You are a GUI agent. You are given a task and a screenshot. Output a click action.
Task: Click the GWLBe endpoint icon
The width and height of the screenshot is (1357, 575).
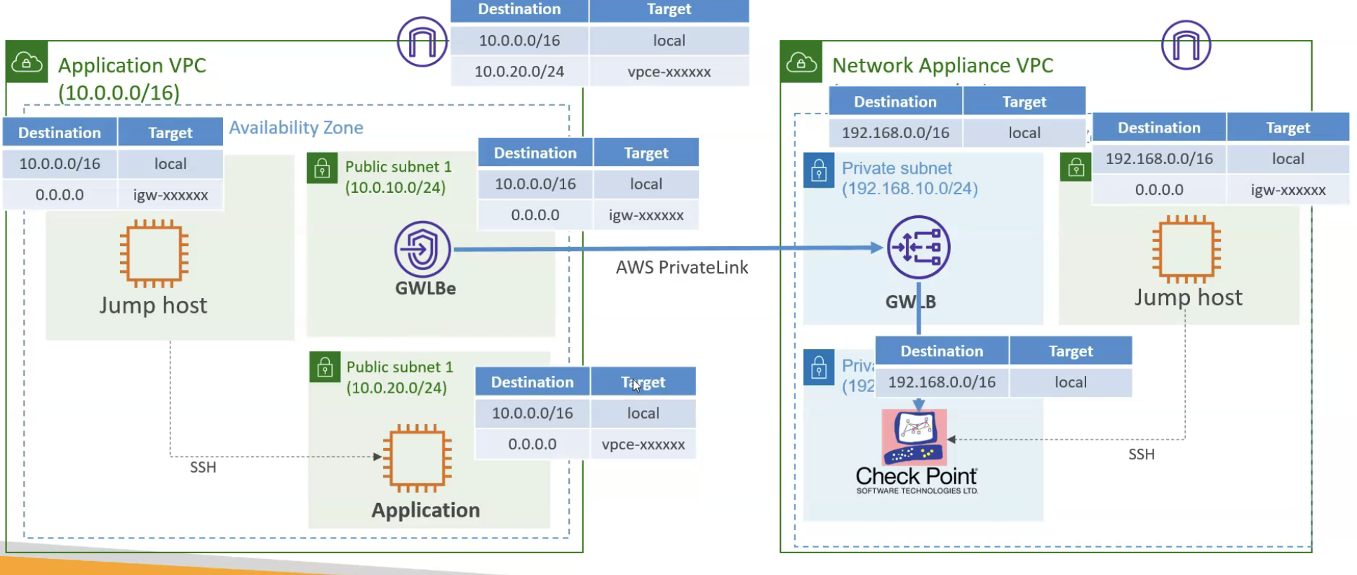pyautogui.click(x=422, y=248)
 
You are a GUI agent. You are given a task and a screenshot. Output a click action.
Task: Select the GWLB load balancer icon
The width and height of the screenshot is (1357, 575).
pyautogui.click(x=918, y=248)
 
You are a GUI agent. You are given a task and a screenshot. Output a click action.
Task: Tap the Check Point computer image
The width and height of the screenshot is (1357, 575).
pyautogui.click(x=914, y=437)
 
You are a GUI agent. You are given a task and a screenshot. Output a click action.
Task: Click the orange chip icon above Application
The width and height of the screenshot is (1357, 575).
pyautogui.click(x=417, y=458)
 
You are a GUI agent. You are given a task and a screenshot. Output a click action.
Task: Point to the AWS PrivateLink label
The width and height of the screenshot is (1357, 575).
pyautogui.click(x=681, y=268)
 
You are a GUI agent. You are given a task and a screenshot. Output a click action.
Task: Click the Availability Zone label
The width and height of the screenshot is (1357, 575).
pyautogui.click(x=296, y=128)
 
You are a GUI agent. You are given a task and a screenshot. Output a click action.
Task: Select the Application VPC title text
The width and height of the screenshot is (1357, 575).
pyautogui.click(x=132, y=66)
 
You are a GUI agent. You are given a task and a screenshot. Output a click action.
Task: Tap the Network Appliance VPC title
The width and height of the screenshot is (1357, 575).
pyautogui.click(x=942, y=66)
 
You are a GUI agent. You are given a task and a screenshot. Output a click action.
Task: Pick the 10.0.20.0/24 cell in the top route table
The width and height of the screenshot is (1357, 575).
pyautogui.click(x=519, y=72)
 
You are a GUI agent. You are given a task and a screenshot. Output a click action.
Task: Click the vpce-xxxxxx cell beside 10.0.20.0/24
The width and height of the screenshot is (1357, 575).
pyautogui.click(x=669, y=72)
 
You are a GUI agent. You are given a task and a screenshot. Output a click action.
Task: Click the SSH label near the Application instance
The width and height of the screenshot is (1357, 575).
pyautogui.click(x=203, y=468)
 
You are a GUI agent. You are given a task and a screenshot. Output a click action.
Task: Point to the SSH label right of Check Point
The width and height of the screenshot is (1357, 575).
pyautogui.click(x=1141, y=454)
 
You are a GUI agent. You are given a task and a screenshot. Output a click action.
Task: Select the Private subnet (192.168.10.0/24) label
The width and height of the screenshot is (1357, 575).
pyautogui.click(x=909, y=178)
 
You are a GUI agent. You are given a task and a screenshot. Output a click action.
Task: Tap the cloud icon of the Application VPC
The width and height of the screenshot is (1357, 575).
pyautogui.click(x=27, y=62)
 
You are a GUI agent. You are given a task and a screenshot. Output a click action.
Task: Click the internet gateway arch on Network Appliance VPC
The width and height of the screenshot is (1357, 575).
pyautogui.click(x=1186, y=45)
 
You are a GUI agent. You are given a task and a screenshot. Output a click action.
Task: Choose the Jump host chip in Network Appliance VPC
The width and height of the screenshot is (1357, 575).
pyautogui.click(x=1186, y=250)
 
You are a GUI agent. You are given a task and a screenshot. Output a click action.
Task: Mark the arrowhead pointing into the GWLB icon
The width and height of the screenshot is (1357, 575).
pyautogui.click(x=876, y=248)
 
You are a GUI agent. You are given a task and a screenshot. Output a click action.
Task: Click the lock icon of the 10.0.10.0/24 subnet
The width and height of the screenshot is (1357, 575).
pyautogui.click(x=322, y=169)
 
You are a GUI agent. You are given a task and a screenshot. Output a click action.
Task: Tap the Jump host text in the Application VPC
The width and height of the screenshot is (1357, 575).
pyautogui.click(x=153, y=306)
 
